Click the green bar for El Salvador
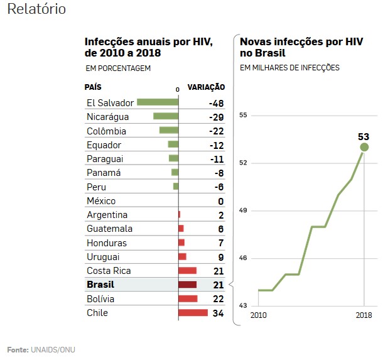(x=158, y=102)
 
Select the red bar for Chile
(x=193, y=313)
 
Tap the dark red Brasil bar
(x=188, y=285)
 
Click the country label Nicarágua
(x=108, y=117)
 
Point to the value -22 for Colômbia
(x=216, y=131)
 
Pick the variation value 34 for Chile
(x=218, y=313)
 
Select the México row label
(x=101, y=201)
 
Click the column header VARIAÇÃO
(x=207, y=87)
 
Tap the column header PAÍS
(x=93, y=87)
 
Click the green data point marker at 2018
(x=364, y=147)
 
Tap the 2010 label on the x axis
(x=259, y=314)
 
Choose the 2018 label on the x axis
(x=364, y=314)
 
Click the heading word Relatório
(x=36, y=11)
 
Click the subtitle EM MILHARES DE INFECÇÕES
(x=289, y=68)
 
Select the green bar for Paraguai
(x=174, y=159)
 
